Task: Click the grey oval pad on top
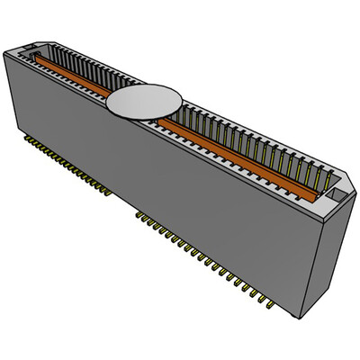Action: tap(144, 100)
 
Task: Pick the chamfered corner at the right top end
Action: tap(346, 176)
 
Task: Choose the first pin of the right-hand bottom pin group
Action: tap(138, 214)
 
